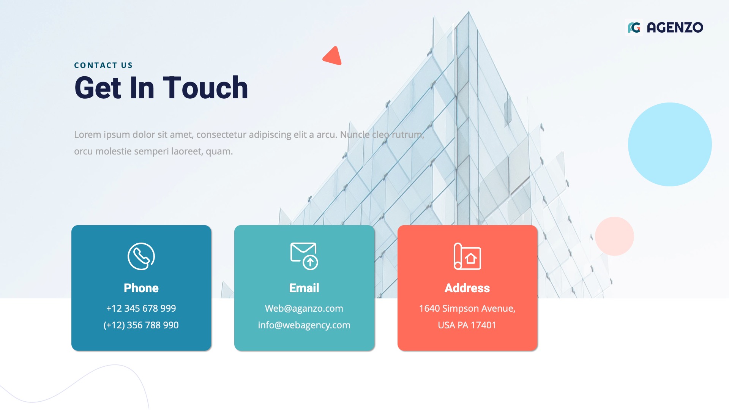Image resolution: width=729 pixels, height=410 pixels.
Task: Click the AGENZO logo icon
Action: click(x=634, y=27)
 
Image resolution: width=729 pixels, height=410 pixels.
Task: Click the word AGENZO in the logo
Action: click(x=675, y=27)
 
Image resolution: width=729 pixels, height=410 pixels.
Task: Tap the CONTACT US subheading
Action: click(x=103, y=65)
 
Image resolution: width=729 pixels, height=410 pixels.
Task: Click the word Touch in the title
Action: click(x=205, y=88)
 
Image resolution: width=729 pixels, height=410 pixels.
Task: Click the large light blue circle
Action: click(x=670, y=144)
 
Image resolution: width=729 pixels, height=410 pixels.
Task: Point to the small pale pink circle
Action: click(x=614, y=236)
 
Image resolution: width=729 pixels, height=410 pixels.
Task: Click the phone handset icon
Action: click(x=141, y=256)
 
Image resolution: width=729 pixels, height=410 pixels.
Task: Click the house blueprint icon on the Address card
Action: click(x=467, y=256)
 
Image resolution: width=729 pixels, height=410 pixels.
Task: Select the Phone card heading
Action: click(x=141, y=288)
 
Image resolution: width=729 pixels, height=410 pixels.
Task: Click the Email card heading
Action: click(x=304, y=288)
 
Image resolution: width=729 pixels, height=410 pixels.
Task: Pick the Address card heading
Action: click(x=467, y=288)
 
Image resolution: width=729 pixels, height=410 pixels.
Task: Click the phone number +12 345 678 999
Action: click(x=141, y=308)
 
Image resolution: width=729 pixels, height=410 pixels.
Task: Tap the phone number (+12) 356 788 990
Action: click(x=141, y=325)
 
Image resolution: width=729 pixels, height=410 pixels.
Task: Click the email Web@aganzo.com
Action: click(x=304, y=308)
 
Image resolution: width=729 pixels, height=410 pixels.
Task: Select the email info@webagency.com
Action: click(x=304, y=325)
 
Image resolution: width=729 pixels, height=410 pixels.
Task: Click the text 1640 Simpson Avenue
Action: click(x=467, y=308)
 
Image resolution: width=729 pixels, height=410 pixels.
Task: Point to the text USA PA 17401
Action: click(x=467, y=325)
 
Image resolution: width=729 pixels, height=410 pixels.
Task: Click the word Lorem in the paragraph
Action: click(x=87, y=135)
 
